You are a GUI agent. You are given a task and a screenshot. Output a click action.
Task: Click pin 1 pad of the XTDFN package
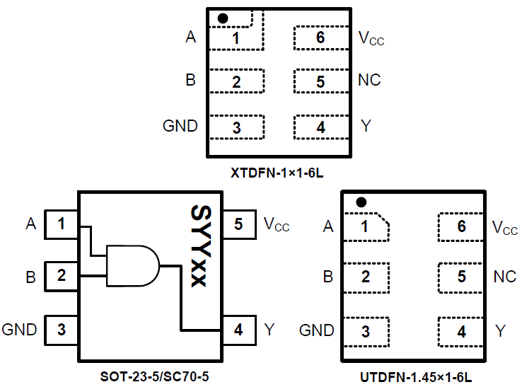[236, 37]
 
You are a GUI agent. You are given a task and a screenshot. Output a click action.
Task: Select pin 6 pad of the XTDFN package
[320, 37]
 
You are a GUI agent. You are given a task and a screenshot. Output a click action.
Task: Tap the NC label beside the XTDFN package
[369, 80]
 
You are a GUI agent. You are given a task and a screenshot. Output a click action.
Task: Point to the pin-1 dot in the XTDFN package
[223, 18]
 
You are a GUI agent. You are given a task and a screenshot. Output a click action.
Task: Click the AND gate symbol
[132, 265]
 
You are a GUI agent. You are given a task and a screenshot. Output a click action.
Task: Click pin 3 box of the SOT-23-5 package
[62, 329]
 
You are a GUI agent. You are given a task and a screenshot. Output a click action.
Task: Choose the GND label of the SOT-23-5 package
[20, 329]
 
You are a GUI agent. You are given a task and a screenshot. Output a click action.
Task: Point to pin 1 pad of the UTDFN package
[366, 227]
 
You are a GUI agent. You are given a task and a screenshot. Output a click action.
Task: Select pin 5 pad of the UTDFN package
[461, 277]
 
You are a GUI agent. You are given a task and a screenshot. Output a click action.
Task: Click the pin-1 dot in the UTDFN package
[361, 202]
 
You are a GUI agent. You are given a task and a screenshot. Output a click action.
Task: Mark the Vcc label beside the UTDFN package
[504, 228]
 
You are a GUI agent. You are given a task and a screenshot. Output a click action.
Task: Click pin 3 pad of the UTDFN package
[366, 331]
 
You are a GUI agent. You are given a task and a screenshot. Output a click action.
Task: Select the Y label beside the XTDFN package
[366, 126]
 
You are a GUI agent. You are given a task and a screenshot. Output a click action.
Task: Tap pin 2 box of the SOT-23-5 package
[62, 275]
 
